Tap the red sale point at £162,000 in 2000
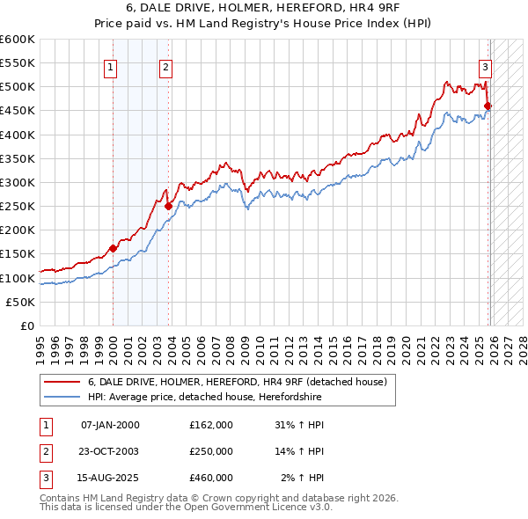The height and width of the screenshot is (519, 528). coord(114,248)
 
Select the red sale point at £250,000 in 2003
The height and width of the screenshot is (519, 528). coord(169,206)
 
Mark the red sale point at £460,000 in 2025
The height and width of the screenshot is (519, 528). coord(488,106)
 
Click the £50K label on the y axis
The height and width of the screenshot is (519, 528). coord(21,302)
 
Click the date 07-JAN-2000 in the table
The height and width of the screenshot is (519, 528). coord(110,425)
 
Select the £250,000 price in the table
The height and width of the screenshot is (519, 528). coord(211,451)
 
